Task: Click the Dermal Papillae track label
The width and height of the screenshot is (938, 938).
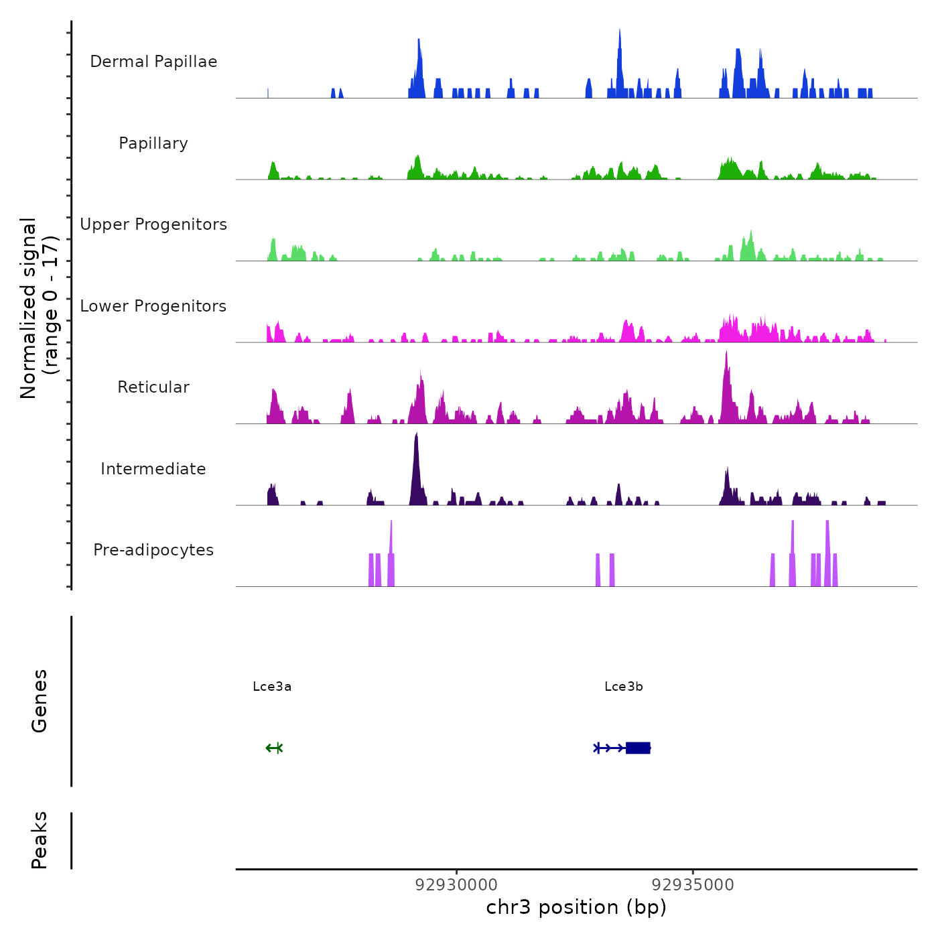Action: [153, 62]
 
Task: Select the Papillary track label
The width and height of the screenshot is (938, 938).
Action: [153, 143]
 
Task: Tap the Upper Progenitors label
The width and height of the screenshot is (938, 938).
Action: [153, 224]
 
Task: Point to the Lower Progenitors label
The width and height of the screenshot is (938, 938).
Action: [153, 306]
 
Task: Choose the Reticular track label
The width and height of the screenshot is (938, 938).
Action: [153, 387]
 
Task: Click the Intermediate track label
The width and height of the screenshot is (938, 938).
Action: [153, 469]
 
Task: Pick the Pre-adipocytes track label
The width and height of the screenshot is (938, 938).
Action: [153, 550]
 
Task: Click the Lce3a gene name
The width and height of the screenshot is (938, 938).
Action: [272, 687]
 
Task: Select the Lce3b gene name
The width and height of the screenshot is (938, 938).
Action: [624, 687]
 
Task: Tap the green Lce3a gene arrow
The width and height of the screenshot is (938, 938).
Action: [274, 748]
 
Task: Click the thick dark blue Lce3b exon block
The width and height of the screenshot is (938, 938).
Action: [638, 748]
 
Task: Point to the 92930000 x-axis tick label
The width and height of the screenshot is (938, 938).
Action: [456, 885]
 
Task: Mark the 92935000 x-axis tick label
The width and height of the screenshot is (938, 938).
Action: [693, 885]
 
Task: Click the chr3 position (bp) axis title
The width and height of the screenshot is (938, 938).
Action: [576, 907]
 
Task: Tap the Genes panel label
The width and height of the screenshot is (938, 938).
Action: [40, 701]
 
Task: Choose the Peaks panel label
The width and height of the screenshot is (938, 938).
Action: [40, 840]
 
